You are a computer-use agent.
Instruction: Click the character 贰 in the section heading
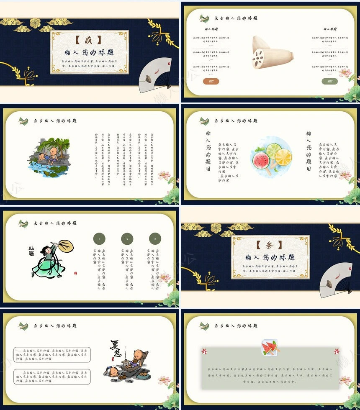coord(89,40)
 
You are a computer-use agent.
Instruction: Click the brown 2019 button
coord(211,81)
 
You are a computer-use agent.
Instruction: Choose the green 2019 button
coord(330,81)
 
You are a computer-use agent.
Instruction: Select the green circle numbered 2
coord(127,239)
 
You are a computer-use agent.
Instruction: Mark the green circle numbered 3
coord(155,239)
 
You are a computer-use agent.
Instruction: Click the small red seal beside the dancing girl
coord(76,273)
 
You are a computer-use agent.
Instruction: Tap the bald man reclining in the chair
coord(134,360)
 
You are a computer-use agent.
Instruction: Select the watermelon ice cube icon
coord(268,347)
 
